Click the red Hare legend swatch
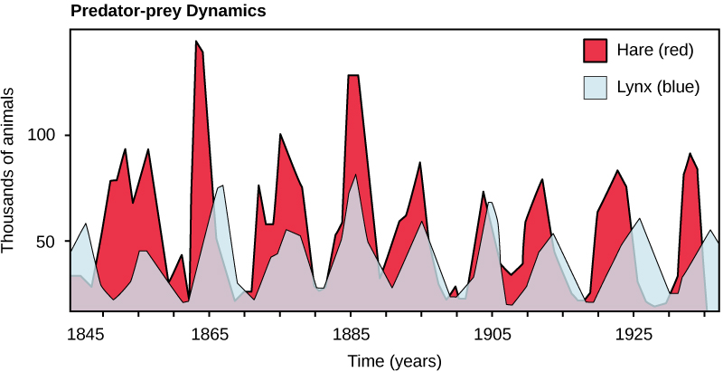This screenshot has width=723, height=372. coord(596,50)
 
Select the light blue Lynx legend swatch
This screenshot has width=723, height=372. coord(596,87)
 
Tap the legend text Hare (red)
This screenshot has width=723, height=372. coord(654,50)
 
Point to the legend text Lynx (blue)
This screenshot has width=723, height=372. coord(657,87)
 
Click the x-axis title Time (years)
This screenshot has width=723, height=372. coord(395,361)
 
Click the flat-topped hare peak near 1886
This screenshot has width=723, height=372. coord(353,76)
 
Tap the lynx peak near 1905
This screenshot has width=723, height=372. coord(490,203)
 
